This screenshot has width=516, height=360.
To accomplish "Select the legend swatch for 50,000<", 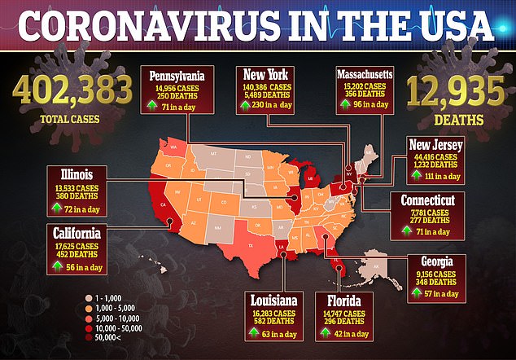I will click(89, 343).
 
